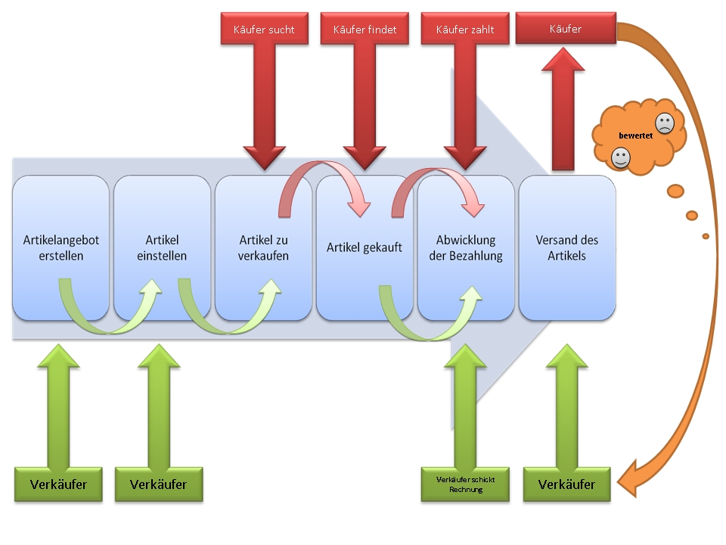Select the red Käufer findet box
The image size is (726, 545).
click(x=365, y=30)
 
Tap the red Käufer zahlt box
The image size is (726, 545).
click(x=465, y=30)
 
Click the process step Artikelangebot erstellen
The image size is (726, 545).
click(x=61, y=248)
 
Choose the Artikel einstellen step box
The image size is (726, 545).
click(x=162, y=248)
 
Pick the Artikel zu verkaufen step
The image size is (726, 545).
click(x=263, y=248)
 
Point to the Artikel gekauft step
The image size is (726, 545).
click(x=365, y=248)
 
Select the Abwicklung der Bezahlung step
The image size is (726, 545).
click(x=466, y=248)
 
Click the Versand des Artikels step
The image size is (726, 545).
click(x=567, y=248)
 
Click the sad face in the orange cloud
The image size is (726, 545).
click(x=664, y=123)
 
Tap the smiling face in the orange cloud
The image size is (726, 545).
click(x=621, y=157)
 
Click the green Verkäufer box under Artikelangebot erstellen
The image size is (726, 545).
click(x=58, y=484)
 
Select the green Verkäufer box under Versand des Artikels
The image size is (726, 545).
click(x=566, y=484)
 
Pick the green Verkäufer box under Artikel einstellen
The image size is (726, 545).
click(x=159, y=484)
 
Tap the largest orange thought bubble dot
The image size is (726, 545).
click(x=675, y=190)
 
